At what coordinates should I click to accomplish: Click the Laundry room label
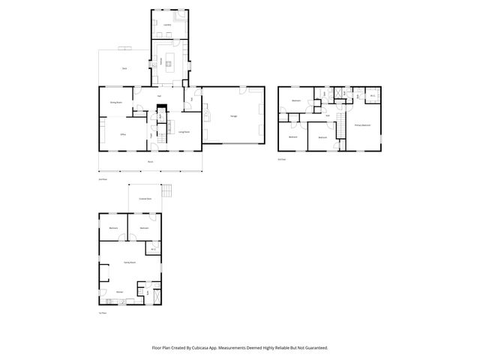[x=167, y=25]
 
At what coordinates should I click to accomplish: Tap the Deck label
[x=124, y=68]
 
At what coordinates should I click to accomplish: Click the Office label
[x=122, y=134]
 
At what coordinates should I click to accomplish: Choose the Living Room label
[x=183, y=132]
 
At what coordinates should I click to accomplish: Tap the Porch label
[x=150, y=162]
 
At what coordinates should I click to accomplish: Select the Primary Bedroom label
[x=362, y=125]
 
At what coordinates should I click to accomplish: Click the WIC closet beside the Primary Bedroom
[x=373, y=96]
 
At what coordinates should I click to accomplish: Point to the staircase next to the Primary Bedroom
[x=339, y=124]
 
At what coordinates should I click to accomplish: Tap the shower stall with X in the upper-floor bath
[x=340, y=94]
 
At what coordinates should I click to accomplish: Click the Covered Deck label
[x=145, y=199]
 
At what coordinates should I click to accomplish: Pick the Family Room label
[x=128, y=262]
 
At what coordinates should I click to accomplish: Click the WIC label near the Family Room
[x=153, y=249]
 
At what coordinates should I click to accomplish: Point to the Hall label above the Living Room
[x=160, y=96]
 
